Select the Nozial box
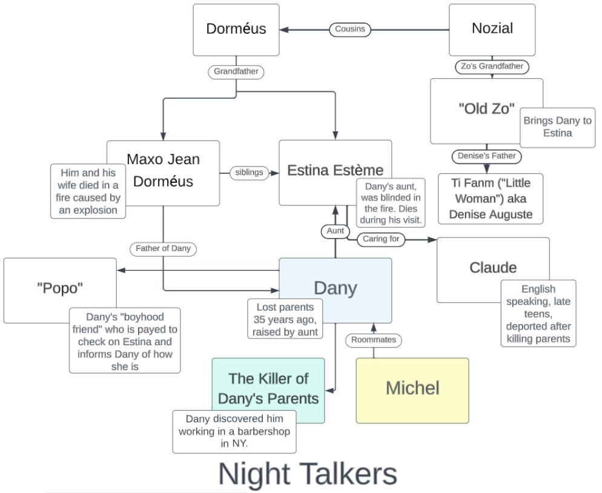(492, 29)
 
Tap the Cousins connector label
(350, 29)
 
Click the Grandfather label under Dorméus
(236, 71)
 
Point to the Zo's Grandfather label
(491, 67)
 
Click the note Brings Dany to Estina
(557, 127)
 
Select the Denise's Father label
(486, 156)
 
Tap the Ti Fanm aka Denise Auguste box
(491, 199)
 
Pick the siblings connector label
(249, 173)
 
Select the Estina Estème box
(335, 170)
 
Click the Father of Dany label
(163, 248)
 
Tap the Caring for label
(381, 239)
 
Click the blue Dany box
(335, 287)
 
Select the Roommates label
(374, 340)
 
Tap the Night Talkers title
(308, 474)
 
